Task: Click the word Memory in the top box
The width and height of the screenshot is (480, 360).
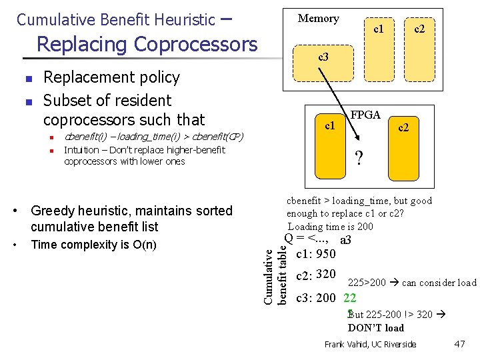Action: [318, 19]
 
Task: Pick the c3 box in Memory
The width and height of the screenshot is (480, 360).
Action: [323, 57]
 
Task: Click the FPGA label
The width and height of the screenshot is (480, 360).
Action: [366, 115]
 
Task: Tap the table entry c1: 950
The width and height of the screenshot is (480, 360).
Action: [315, 253]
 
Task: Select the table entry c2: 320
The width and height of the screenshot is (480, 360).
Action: [315, 275]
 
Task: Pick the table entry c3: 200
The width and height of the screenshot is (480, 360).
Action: [315, 297]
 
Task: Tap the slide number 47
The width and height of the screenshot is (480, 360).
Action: [459, 344]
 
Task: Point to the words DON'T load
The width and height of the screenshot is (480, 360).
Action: [375, 327]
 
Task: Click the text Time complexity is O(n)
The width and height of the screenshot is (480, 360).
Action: [94, 245]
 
